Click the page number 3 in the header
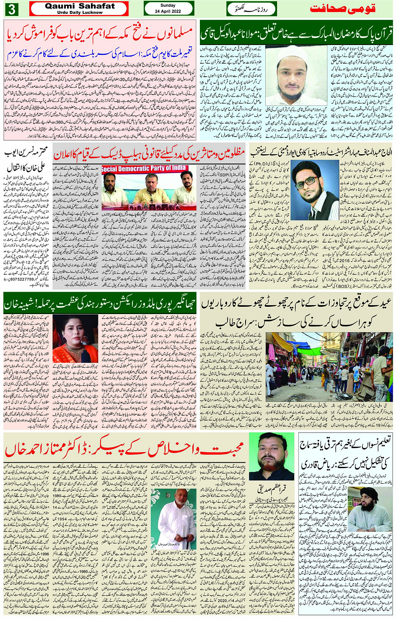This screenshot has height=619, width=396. pyautogui.click(x=11, y=9)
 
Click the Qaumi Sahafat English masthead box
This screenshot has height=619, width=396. pyautogui.click(x=79, y=8)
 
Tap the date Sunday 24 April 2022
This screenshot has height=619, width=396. pyautogui.click(x=168, y=8)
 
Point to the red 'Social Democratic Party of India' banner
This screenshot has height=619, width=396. pyautogui.click(x=144, y=169)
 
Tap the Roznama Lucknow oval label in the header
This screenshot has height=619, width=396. pyautogui.click(x=252, y=9)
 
